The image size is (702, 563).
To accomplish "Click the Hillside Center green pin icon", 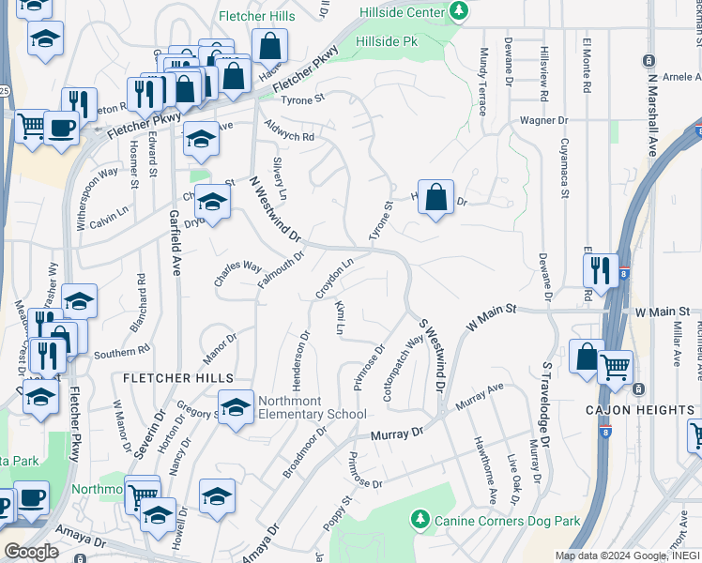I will click(x=459, y=11).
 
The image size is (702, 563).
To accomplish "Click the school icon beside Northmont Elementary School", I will click(x=236, y=406).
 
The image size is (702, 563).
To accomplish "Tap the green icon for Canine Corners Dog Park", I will click(x=421, y=519).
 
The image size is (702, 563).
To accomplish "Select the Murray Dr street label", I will click(x=397, y=434).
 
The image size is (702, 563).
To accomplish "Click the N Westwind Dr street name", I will click(x=274, y=208).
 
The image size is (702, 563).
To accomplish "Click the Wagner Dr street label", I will click(x=545, y=121).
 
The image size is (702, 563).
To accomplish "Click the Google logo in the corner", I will click(x=30, y=552).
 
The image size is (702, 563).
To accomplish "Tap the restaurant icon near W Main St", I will click(x=600, y=270).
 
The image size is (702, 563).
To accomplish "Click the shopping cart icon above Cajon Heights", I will click(x=616, y=367).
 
